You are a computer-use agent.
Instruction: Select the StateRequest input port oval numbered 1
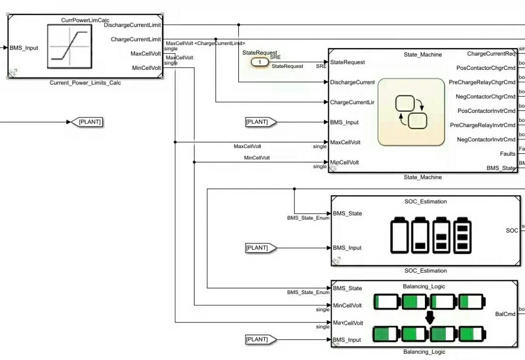click(x=260, y=62)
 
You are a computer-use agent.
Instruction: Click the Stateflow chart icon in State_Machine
click(x=411, y=112)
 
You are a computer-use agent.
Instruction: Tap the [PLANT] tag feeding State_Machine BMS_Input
click(x=260, y=122)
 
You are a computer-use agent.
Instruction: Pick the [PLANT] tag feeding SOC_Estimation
click(x=260, y=248)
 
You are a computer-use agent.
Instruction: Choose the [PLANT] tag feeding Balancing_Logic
click(x=260, y=339)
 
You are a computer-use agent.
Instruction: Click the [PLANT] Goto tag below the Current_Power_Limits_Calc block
click(x=90, y=122)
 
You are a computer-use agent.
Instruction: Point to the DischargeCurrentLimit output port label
click(x=132, y=25)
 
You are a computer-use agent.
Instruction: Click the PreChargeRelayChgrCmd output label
click(x=482, y=82)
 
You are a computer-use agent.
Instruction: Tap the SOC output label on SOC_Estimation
click(x=512, y=230)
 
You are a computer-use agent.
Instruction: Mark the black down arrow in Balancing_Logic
click(x=430, y=318)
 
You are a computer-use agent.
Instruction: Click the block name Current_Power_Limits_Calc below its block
click(x=85, y=83)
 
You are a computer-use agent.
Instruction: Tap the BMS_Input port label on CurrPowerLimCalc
click(x=24, y=48)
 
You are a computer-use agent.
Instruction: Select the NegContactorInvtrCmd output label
click(x=485, y=140)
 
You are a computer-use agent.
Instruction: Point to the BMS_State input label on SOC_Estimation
click(x=347, y=213)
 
